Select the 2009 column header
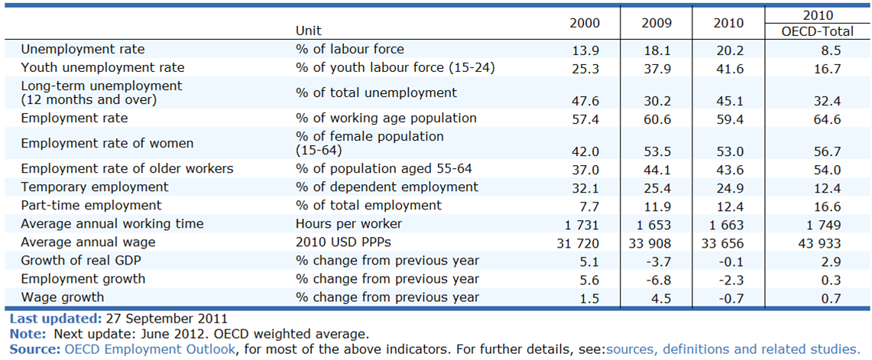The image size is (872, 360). coord(656,24)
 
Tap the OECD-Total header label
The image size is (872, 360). coord(817,31)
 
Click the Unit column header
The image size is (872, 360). coord(309,31)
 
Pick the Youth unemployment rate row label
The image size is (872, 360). coord(103,68)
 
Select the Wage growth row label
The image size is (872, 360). coord(63,297)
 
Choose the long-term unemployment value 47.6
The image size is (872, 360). coord(588,101)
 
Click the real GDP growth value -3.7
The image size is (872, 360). coord(660,261)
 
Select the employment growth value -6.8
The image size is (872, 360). coord(660,280)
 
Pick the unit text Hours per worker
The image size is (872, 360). coord(349,224)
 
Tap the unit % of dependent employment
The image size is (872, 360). coord(387,187)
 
